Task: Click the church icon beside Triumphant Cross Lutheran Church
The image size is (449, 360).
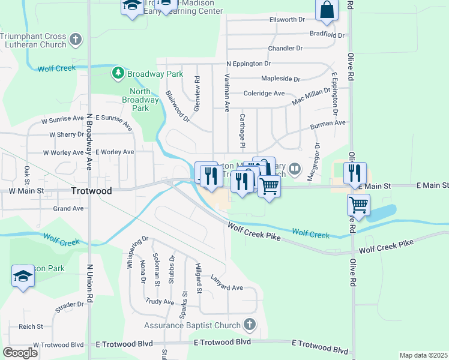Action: [x=76, y=40]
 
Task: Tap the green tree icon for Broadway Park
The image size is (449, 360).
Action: [x=118, y=74]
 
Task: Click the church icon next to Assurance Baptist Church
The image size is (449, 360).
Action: [x=250, y=326]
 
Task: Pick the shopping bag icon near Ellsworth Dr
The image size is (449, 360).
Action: [x=327, y=10]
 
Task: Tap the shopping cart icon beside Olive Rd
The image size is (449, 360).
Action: [x=358, y=205]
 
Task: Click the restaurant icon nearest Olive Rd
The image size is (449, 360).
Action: [x=354, y=173]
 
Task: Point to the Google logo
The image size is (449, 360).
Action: [x=20, y=353]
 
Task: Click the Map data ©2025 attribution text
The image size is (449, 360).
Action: [x=423, y=355]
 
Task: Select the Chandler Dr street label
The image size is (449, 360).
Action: [x=286, y=49]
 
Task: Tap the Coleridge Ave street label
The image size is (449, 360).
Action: [x=264, y=94]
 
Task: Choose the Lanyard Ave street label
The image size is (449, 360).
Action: [x=226, y=287]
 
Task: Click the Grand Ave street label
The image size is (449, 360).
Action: [x=68, y=209]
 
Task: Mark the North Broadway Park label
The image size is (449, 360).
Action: [x=140, y=100]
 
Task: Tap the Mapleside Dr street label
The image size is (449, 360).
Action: [x=280, y=79]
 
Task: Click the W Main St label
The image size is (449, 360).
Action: [x=26, y=190]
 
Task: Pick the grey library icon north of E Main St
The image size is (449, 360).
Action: [x=294, y=169]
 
